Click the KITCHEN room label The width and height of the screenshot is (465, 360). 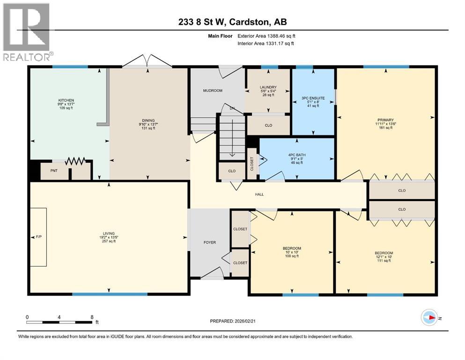coord(66,100)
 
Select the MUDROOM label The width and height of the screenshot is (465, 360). coord(212,90)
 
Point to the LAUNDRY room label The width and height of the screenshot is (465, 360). coord(268,87)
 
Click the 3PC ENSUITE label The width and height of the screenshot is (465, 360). coord(313,98)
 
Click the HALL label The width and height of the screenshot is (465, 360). coord(259,194)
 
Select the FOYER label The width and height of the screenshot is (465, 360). coord(209,242)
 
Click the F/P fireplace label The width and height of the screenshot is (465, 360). coord(39,237)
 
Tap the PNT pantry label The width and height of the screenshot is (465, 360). coord(54,171)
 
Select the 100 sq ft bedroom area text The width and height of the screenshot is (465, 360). coord(291,256)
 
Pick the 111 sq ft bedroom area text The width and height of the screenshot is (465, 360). coord(384,261)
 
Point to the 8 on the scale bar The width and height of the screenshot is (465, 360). coord(91,317)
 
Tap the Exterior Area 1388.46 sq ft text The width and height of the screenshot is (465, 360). coord(266,36)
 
